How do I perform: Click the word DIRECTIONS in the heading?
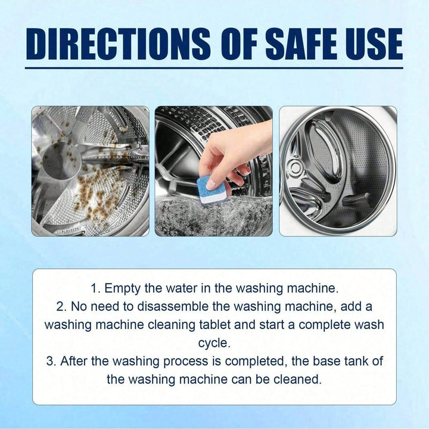tap(118, 43)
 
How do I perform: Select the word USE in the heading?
tap(374, 43)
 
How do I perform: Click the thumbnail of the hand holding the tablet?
tap(214, 171)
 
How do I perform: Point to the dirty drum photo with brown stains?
tap(91, 171)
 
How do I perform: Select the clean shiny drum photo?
tap(338, 171)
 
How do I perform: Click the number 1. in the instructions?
tap(96, 288)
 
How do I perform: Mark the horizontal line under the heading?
tap(214, 68)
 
